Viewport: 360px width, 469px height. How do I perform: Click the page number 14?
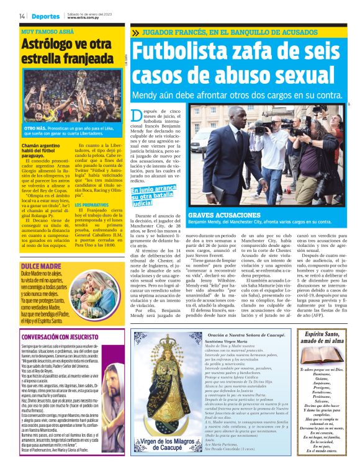[x=22, y=16]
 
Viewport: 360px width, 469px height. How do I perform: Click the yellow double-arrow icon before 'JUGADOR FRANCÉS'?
[x=135, y=32]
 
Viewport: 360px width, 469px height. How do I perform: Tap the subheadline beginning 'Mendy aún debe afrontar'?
[x=237, y=96]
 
